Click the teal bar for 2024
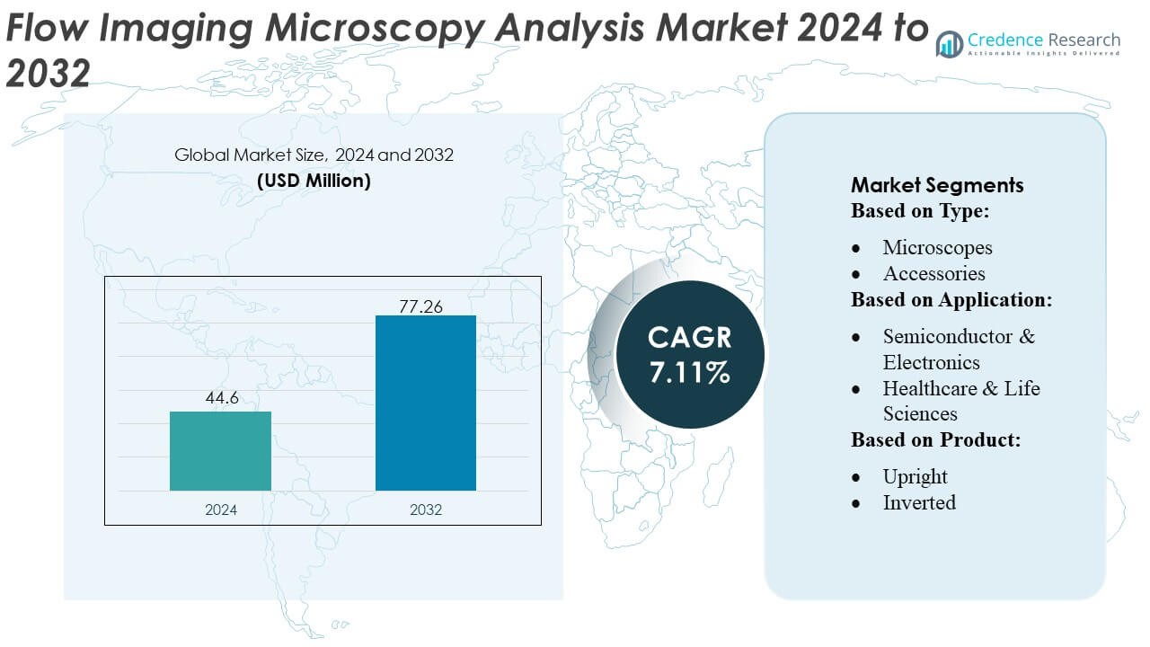[x=220, y=451]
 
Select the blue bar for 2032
[x=425, y=403]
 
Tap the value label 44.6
[x=220, y=398]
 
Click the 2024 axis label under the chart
[x=220, y=510]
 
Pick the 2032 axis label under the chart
[x=425, y=510]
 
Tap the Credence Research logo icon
[x=950, y=44]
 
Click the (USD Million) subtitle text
[x=314, y=180]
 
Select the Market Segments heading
[x=937, y=185]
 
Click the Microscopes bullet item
[x=937, y=247]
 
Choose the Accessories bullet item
[x=933, y=273]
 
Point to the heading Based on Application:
[x=951, y=300]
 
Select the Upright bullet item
[x=915, y=476]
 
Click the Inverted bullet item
[x=919, y=502]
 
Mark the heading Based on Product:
[x=936, y=440]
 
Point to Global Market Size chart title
[x=314, y=155]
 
